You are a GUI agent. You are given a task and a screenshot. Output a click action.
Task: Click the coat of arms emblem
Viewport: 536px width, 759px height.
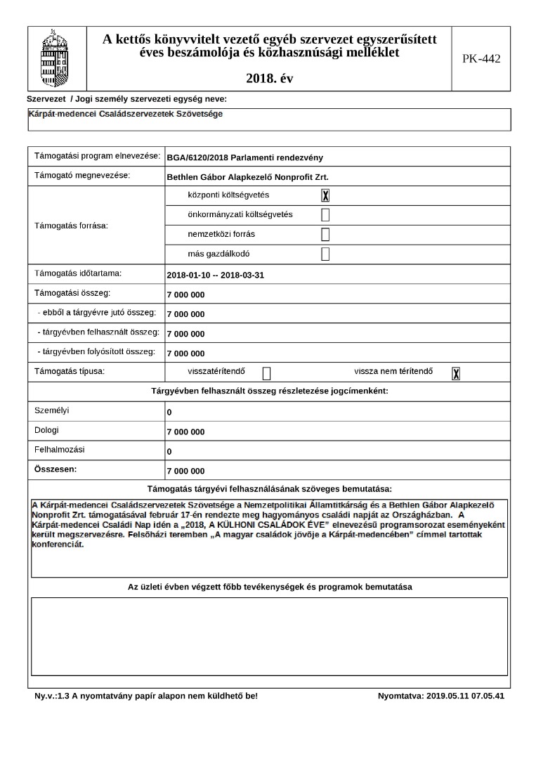tap(55, 57)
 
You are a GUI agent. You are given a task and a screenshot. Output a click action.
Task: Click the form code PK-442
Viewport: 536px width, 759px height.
tap(481, 59)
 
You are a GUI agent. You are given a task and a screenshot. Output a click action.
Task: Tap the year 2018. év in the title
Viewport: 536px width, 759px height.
tap(270, 79)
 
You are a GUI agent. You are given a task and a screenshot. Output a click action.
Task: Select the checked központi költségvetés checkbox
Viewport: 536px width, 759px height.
tap(325, 195)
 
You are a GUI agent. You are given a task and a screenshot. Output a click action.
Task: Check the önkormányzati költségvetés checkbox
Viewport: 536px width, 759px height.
tap(325, 215)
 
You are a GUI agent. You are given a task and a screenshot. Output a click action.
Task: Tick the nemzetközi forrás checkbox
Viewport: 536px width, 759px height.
tap(325, 235)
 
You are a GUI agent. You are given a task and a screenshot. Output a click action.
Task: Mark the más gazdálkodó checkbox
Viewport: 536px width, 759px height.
tap(325, 254)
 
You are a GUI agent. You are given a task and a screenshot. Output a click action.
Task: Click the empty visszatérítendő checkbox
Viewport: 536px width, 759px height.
tap(266, 373)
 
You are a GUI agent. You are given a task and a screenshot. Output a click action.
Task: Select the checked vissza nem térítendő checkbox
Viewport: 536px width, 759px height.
tap(456, 373)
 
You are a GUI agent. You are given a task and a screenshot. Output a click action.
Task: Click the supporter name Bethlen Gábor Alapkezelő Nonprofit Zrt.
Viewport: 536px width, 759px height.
tap(248, 177)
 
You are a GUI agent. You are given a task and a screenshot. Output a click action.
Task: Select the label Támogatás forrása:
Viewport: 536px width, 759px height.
tap(76, 226)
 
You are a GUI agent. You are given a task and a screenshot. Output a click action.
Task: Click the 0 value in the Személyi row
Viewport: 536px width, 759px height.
tap(169, 413)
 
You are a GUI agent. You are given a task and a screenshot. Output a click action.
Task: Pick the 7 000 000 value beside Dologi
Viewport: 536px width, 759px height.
tap(185, 432)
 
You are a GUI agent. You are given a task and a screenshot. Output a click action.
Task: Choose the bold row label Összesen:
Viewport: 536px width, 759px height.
tap(55, 469)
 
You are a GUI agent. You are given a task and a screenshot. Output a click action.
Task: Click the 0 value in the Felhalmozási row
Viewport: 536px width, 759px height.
tap(169, 452)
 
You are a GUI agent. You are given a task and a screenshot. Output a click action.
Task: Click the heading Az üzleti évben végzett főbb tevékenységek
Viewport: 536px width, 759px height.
tap(269, 586)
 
